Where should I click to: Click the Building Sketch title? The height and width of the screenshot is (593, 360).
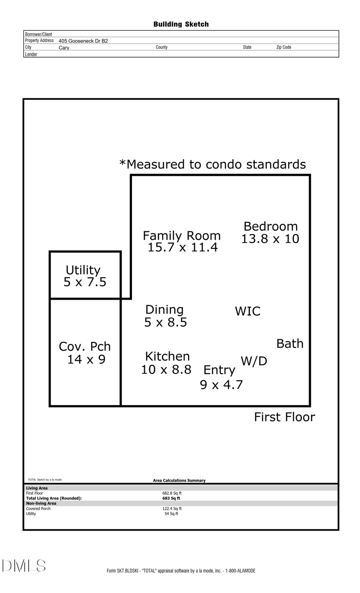coord(181,24)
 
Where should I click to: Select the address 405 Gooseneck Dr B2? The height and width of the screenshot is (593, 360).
coord(83,41)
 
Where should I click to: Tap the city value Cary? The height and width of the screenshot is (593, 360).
coord(64,48)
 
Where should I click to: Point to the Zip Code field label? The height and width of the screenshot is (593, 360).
coord(284,47)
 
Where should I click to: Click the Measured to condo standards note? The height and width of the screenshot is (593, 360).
coord(212,164)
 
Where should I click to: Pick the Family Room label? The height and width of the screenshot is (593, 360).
coord(182,236)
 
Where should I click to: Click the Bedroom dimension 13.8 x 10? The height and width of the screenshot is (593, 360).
coord(270,239)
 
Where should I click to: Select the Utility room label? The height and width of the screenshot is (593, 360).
coord(83,270)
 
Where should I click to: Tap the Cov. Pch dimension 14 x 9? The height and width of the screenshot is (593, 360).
coord(86,359)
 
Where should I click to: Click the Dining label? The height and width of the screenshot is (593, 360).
coord(164,309)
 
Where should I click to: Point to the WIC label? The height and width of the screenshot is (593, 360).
coord(248,311)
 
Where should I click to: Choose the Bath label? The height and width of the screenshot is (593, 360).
coord(290,343)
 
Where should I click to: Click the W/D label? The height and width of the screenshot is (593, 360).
coord(254,361)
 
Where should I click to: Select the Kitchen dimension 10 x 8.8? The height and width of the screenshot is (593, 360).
coord(166,369)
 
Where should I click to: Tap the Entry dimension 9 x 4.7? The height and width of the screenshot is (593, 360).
coord(221,385)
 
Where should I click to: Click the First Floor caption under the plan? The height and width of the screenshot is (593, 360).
coord(284,417)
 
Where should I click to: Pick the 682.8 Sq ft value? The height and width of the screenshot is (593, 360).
coord(172,493)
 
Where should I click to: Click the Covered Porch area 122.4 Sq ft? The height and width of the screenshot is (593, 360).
coord(172,509)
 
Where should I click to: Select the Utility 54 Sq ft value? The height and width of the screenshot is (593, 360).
coord(172,514)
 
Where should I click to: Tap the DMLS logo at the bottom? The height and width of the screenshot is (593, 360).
coord(24,566)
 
